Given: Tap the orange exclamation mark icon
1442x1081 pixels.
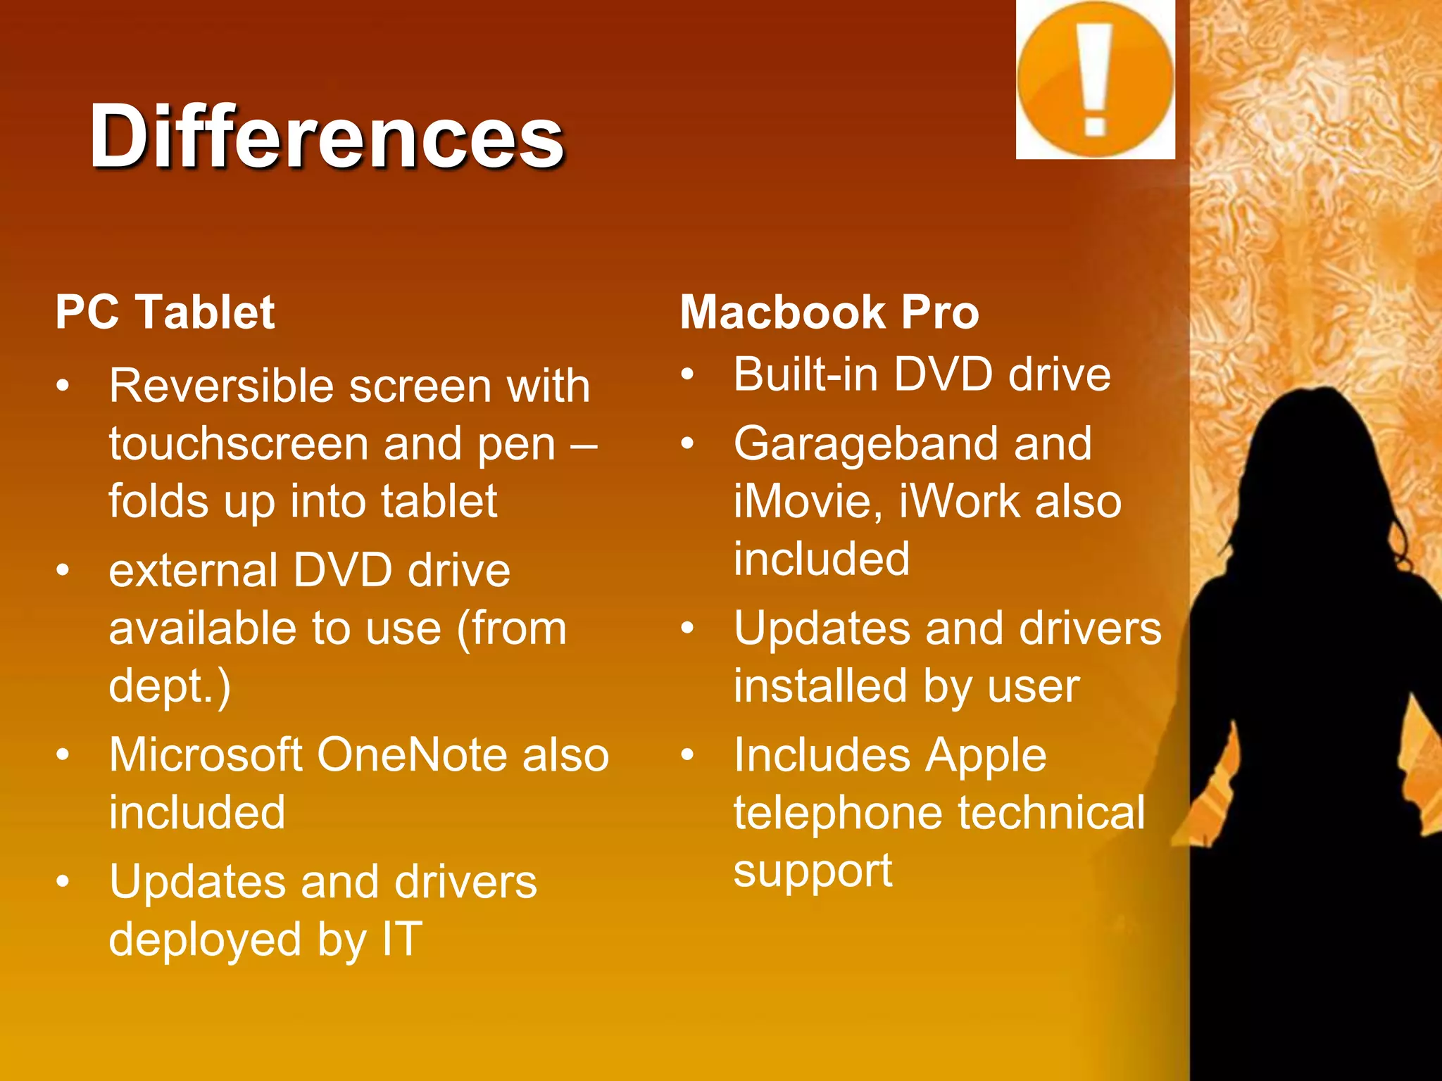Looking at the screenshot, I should click(1095, 80).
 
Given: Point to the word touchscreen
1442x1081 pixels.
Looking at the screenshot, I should click(239, 444).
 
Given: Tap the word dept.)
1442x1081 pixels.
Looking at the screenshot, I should click(170, 686).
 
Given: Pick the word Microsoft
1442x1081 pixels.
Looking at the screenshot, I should click(206, 755).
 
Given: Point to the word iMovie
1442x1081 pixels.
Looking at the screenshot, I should click(808, 502).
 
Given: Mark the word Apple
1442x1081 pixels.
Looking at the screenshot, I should click(986, 755).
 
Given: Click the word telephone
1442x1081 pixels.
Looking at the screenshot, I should click(838, 813).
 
